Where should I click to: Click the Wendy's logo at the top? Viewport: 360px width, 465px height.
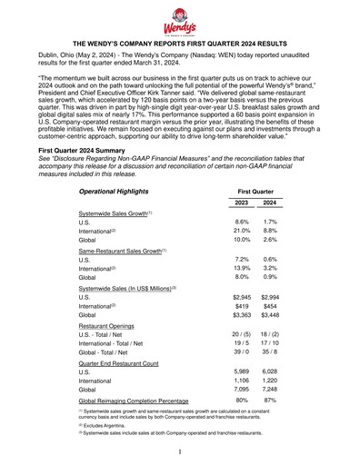coord(180,18)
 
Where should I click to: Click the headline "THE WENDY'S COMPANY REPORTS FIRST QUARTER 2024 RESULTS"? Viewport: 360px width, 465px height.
coord(180,43)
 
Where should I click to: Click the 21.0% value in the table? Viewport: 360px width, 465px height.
coord(241,233)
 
